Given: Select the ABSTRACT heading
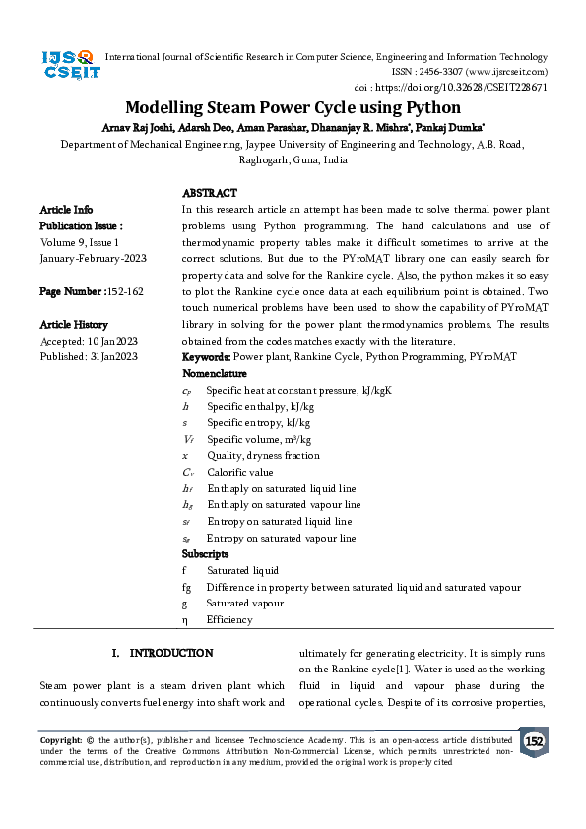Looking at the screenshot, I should coord(210,193).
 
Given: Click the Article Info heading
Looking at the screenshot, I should coord(67,210).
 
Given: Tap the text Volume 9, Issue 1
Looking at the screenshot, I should coord(80,241).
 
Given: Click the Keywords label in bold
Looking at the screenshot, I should coord(207,357).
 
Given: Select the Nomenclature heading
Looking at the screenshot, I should coord(216,374).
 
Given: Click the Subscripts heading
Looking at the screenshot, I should coord(207,554).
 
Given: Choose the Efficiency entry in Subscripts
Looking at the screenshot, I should coord(229,620).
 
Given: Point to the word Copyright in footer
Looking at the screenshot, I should coord(61,739).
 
